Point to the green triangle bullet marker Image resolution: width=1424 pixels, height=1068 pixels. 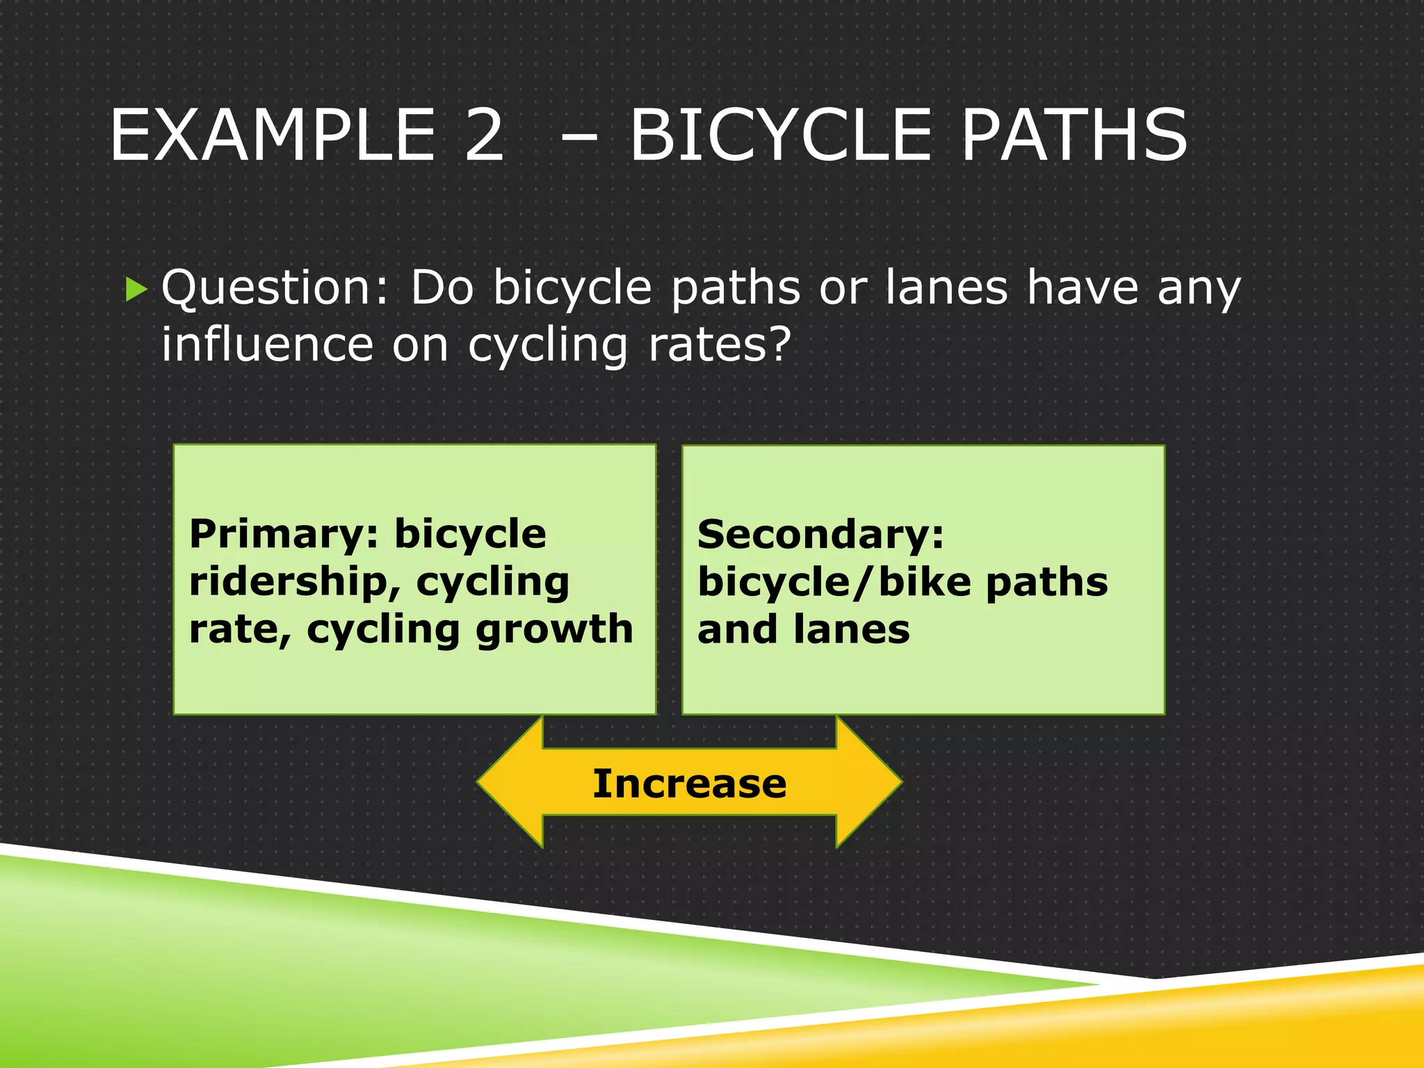pos(137,288)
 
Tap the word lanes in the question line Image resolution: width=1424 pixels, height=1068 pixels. pos(946,288)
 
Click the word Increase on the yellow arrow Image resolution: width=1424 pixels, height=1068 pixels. pos(689,784)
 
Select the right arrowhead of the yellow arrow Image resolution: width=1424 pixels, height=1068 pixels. pos(869,782)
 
